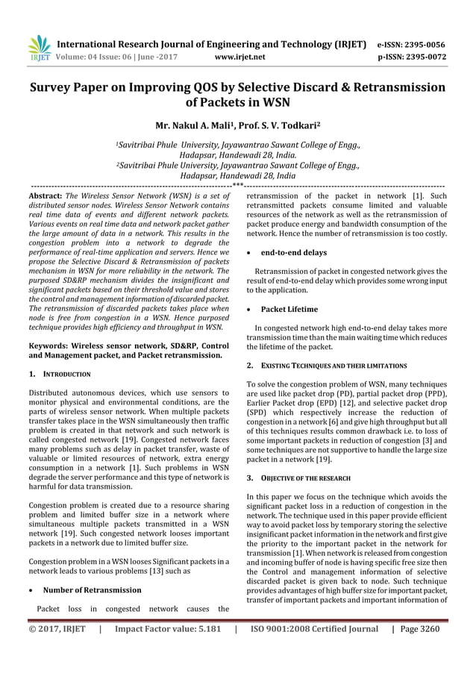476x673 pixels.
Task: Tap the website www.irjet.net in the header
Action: [242, 55]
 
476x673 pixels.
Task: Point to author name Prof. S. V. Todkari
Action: [285, 127]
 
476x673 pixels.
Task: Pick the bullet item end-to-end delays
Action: [293, 253]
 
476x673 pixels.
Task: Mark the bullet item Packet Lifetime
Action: [289, 309]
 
